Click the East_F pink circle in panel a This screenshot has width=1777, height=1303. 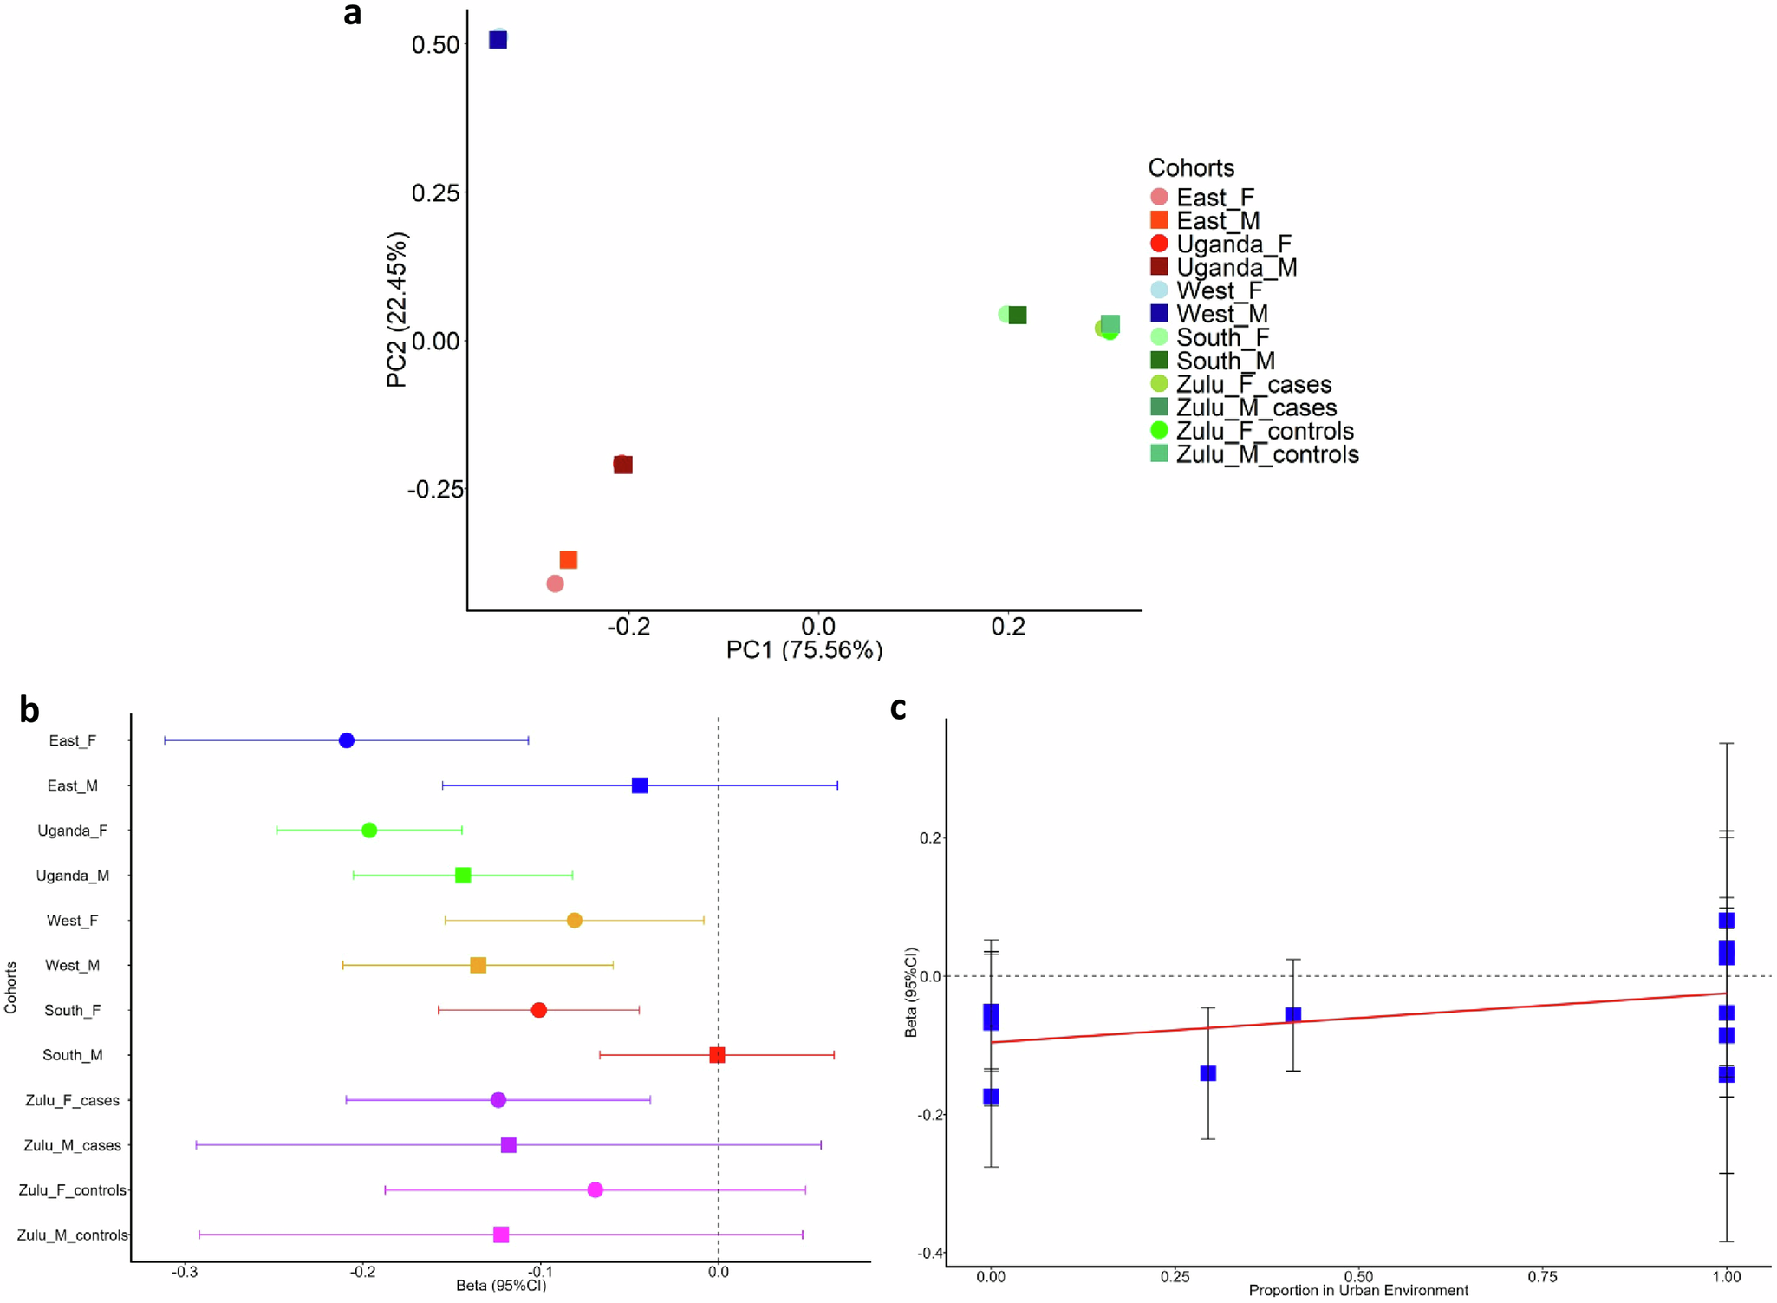555,583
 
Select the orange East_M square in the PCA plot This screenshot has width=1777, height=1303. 568,560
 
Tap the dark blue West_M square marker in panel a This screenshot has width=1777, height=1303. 498,40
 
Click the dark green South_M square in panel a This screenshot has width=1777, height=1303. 1018,316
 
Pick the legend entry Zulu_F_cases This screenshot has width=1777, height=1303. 1253,384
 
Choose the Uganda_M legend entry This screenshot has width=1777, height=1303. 1235,267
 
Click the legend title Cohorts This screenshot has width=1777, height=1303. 1190,167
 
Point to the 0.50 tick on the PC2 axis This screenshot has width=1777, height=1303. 435,45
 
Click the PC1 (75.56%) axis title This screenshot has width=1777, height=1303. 804,649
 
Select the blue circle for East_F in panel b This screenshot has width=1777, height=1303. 347,740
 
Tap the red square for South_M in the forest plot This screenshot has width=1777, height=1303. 717,1055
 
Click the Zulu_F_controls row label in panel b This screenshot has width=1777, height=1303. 73,1190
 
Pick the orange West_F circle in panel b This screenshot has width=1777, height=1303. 574,920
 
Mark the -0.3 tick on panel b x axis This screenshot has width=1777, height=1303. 184,1272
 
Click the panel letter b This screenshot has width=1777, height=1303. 29,710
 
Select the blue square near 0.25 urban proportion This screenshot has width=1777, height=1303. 1207,1073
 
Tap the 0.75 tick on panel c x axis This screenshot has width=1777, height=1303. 1542,1276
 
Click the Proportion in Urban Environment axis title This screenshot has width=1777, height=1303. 1357,1290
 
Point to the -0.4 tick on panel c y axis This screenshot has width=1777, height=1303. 930,1253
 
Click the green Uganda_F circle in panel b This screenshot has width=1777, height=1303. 369,831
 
